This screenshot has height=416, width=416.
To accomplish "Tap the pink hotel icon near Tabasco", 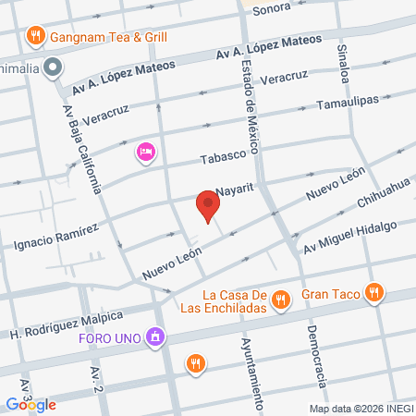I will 145,151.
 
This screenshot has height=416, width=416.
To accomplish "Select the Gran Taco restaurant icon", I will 373,293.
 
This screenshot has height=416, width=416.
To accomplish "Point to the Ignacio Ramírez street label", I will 56,238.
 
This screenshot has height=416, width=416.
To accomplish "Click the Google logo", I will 30,404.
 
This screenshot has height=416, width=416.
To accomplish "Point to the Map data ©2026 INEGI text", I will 361,409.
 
